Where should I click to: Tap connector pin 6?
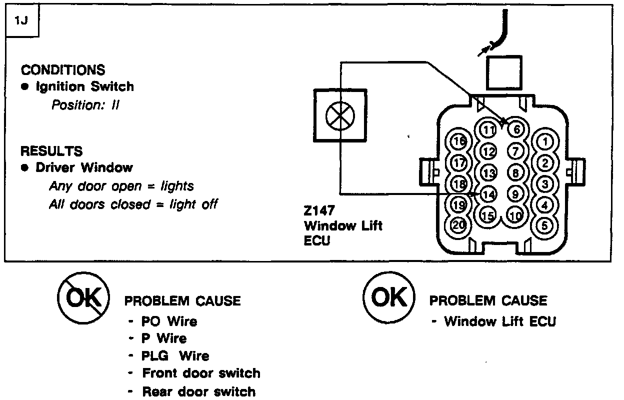[x=516, y=129]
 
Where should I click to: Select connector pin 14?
[x=488, y=195]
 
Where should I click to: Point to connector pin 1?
[x=545, y=142]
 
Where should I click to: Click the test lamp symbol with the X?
[x=333, y=116]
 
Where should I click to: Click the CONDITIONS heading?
[x=63, y=69]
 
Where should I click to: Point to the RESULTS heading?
[x=51, y=150]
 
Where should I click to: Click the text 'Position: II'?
[x=85, y=105]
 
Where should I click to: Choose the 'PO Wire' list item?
[x=169, y=321]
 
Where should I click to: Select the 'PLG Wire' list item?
[x=175, y=356]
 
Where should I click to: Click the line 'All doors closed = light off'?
[x=133, y=204]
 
